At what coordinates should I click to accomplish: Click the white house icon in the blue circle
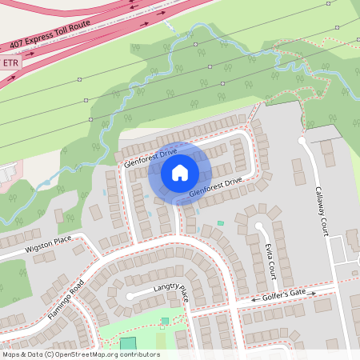pyautogui.click(x=180, y=172)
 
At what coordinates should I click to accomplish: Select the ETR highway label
pyautogui.click(x=10, y=62)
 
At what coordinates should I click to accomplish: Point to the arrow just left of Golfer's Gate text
pyautogui.click(x=256, y=300)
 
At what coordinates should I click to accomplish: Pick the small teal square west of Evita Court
pyautogui.click(x=221, y=222)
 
